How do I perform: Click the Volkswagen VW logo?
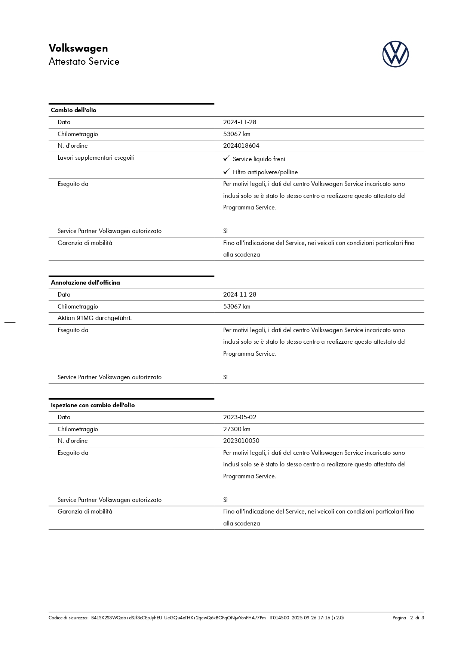click(x=395, y=54)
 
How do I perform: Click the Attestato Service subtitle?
click(x=84, y=62)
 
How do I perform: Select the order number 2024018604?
click(x=241, y=146)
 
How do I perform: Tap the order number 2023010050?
click(x=241, y=441)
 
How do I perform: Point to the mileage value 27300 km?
click(x=237, y=429)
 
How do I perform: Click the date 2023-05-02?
click(x=240, y=417)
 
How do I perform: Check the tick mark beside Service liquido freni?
click(x=226, y=159)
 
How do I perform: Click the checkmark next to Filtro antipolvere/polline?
click(x=226, y=172)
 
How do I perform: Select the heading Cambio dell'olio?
click(x=74, y=110)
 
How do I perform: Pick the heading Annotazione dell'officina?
click(x=85, y=283)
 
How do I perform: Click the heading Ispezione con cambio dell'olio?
click(x=93, y=405)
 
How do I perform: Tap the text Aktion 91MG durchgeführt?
click(x=95, y=318)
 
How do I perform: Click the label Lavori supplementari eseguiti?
click(x=96, y=158)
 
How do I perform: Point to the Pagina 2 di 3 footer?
click(x=408, y=618)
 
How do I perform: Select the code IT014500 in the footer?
click(x=279, y=618)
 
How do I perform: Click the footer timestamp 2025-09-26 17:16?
click(x=311, y=618)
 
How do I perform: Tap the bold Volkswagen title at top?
click(x=78, y=48)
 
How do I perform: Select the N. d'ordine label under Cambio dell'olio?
click(x=73, y=146)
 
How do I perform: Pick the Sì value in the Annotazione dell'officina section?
click(x=225, y=377)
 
